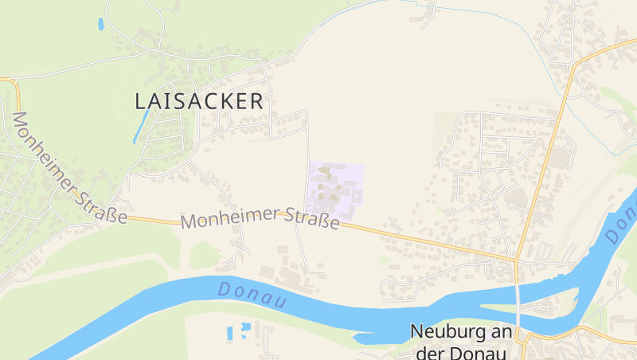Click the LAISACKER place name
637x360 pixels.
click(x=199, y=101)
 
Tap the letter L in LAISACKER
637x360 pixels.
click(x=141, y=101)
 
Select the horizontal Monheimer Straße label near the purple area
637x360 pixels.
click(x=260, y=217)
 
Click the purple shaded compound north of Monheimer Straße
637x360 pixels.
click(x=334, y=190)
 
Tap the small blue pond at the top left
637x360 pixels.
click(x=100, y=24)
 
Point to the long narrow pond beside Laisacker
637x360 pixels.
click(x=141, y=125)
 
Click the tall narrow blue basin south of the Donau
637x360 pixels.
click(x=230, y=333)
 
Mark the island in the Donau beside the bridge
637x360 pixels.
click(x=510, y=308)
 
